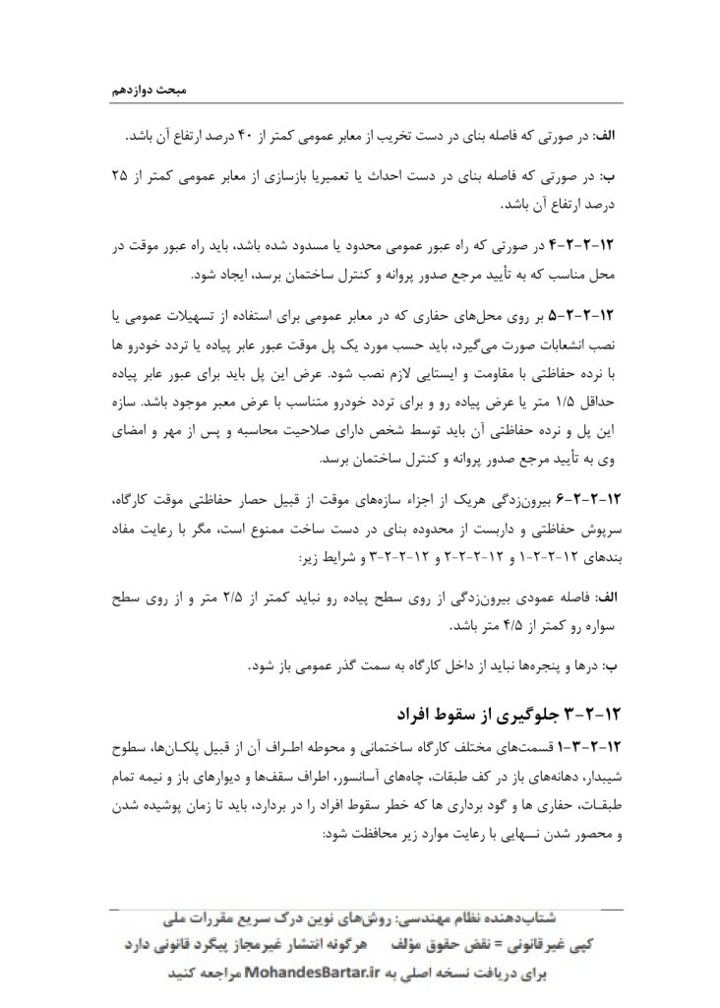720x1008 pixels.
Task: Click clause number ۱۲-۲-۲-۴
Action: [x=589, y=244]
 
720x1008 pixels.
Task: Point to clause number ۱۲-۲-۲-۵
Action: [x=589, y=316]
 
